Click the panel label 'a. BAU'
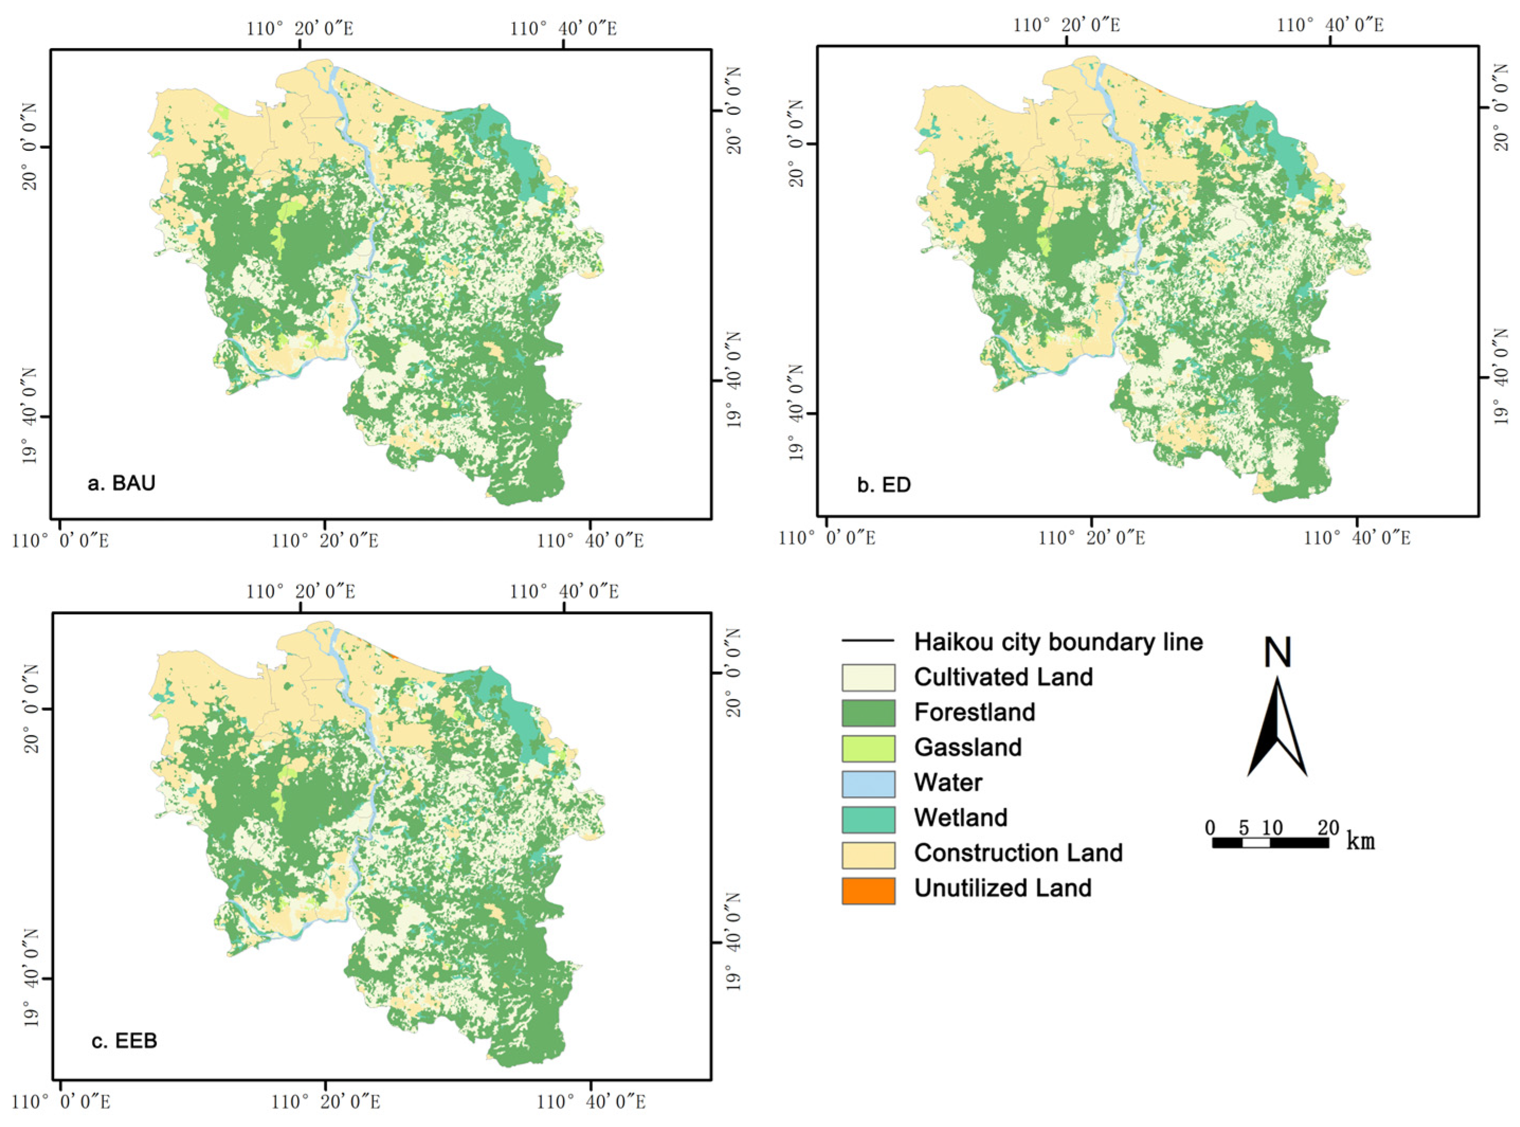coord(122,483)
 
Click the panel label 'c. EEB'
coord(124,1040)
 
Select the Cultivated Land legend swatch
coord(868,677)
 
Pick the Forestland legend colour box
coord(868,712)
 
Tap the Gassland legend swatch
coord(868,748)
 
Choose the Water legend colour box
coord(868,783)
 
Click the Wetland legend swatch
coord(868,819)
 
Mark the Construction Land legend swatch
coord(868,854)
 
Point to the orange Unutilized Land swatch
coord(868,889)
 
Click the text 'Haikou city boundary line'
coord(1058,641)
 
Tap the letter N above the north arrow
coord(1277,652)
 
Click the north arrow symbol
coord(1277,730)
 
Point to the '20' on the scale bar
coord(1327,828)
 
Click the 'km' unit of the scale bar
coord(1360,841)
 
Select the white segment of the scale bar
coord(1256,842)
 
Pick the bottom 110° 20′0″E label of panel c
coord(325,1101)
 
